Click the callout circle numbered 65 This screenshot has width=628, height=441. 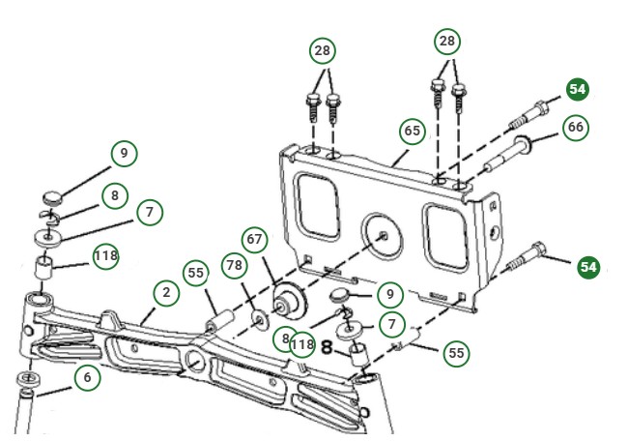coord(412,131)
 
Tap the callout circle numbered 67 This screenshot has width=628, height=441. coord(254,240)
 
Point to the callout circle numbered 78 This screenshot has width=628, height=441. coord(234,266)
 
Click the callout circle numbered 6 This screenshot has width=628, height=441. coord(88,378)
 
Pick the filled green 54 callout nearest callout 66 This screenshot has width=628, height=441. coord(577,89)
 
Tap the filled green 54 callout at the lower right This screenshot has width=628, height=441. coord(588,265)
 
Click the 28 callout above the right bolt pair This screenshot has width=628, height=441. coord(447,42)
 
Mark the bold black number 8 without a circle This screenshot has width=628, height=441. coord(328,346)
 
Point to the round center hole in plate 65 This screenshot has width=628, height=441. coord(384,233)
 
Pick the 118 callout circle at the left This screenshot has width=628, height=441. coord(106,256)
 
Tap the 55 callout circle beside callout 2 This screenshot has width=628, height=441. coord(196,274)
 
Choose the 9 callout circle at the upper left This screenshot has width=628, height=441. coord(124,153)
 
